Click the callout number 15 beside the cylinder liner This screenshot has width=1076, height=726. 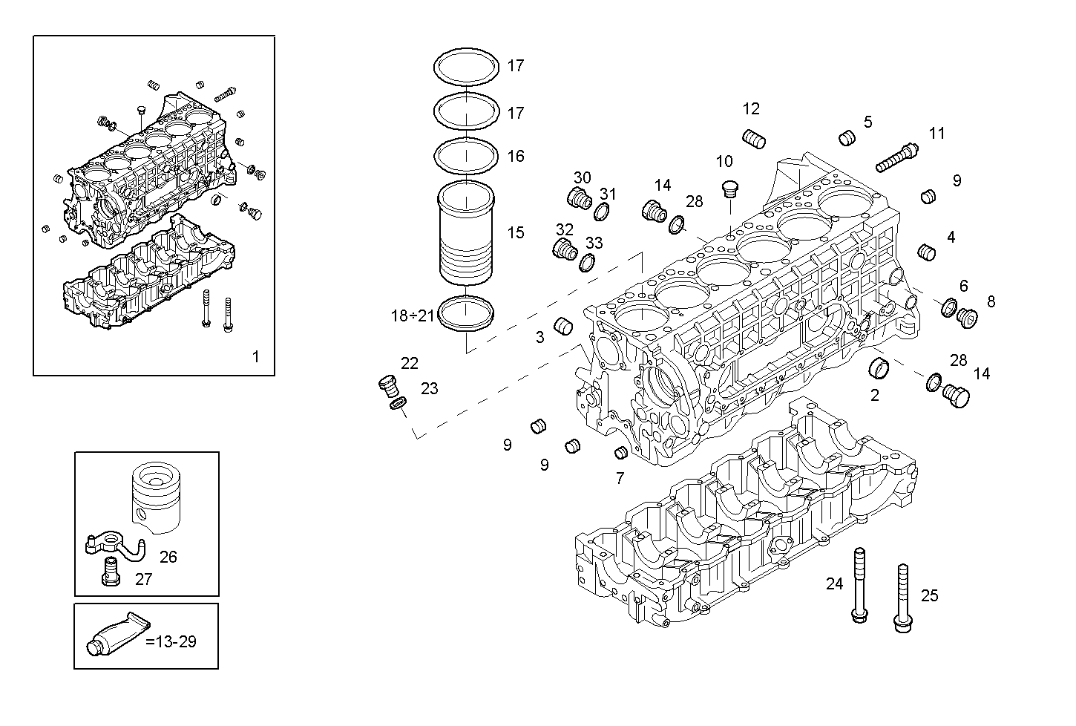point(515,233)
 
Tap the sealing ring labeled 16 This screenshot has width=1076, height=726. point(466,157)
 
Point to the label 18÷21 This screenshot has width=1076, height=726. point(413,315)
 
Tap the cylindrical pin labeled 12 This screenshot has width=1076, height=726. point(754,139)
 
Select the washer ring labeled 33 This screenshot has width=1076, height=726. point(587,262)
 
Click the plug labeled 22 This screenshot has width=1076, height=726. point(387,384)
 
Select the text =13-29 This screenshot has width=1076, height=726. point(171,641)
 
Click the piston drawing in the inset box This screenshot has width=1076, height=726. point(157,497)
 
